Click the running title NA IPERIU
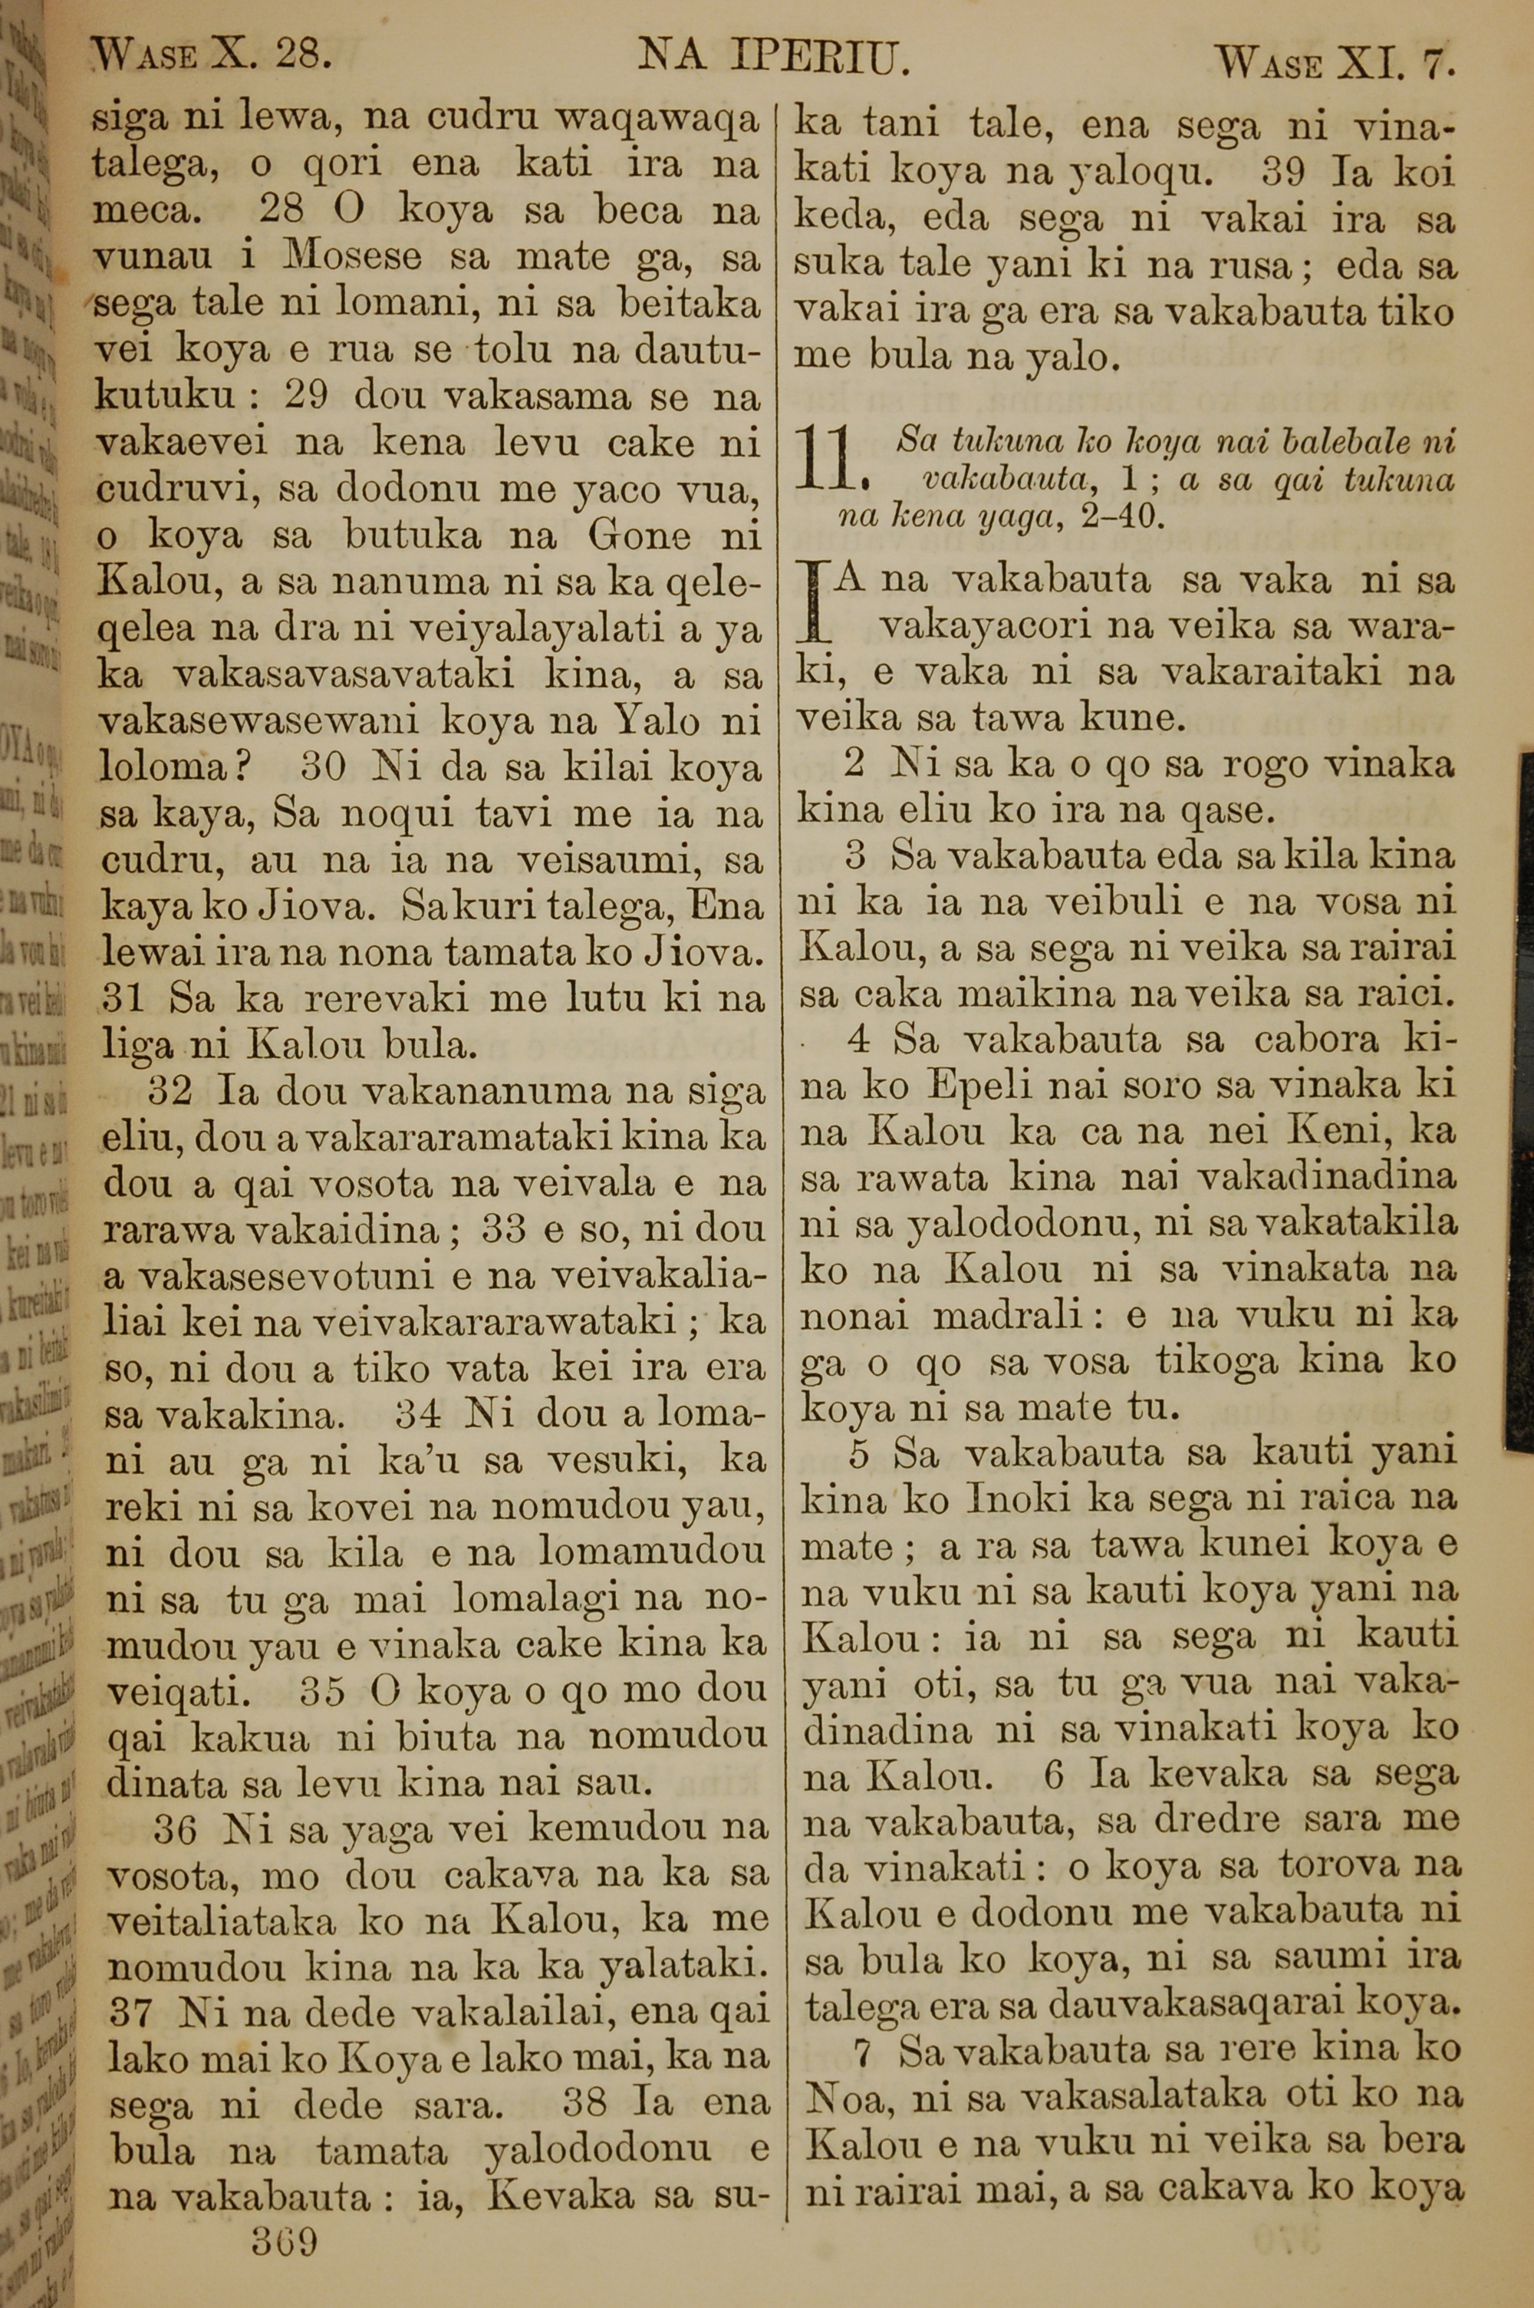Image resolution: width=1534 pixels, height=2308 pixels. [774, 59]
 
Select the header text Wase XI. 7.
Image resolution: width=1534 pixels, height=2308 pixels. [1336, 64]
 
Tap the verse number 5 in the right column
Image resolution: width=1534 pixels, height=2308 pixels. [860, 1454]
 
